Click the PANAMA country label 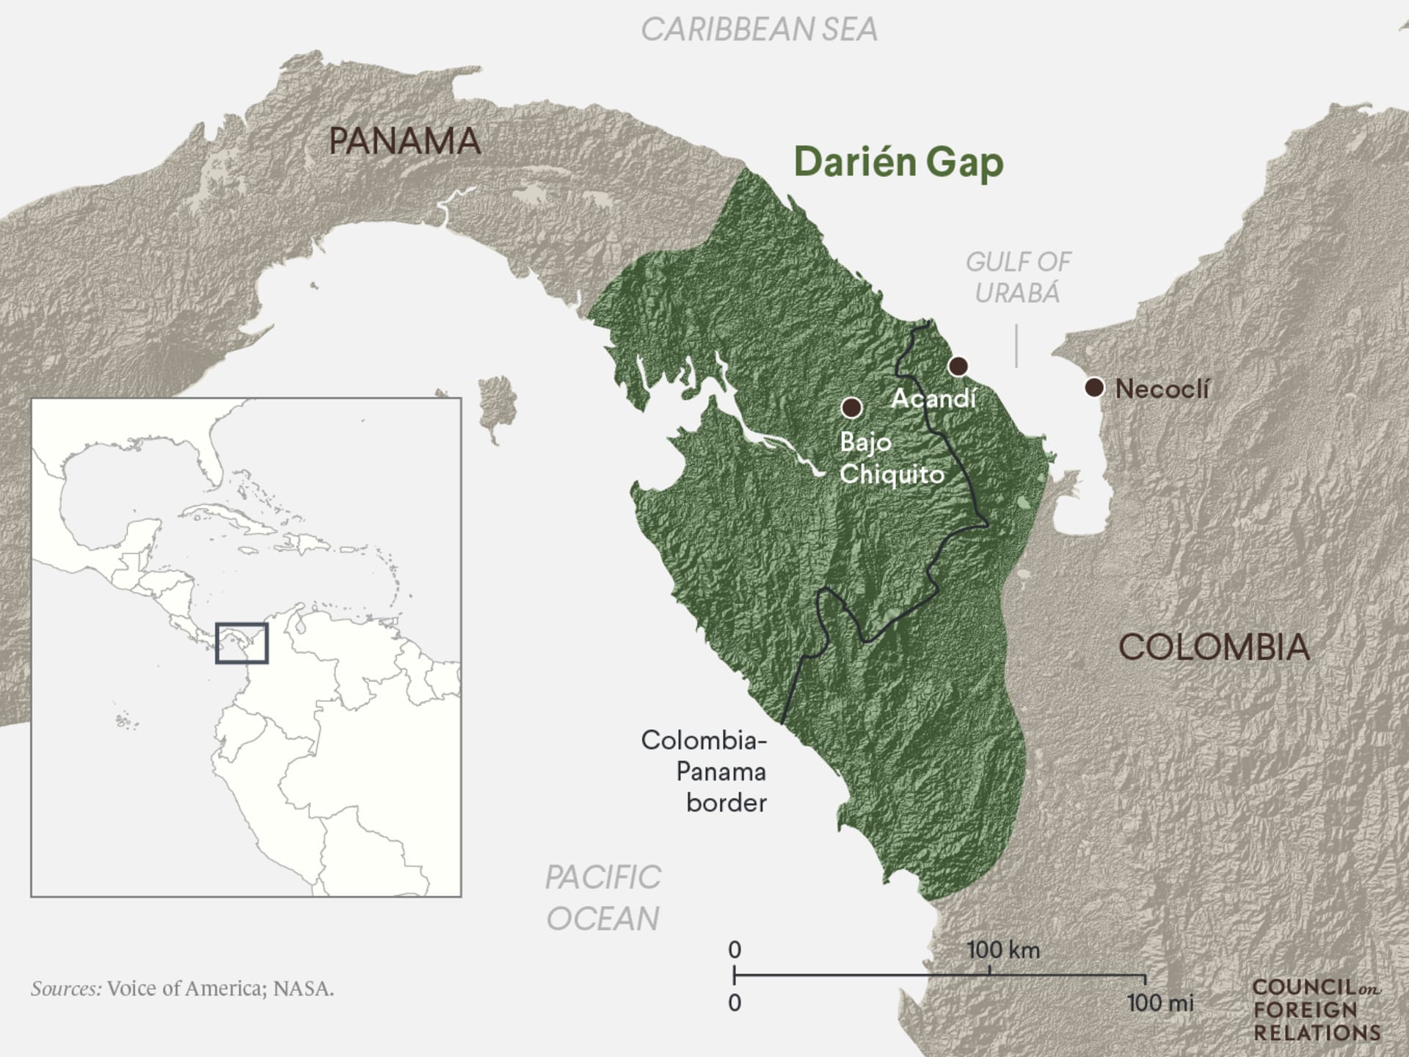tap(404, 141)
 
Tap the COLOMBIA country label tap(1214, 647)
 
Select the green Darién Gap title tap(898, 162)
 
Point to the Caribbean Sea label tap(759, 30)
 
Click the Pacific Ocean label tap(602, 898)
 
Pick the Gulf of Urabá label tap(1018, 277)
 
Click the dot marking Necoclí tap(1094, 388)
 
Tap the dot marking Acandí tap(958, 366)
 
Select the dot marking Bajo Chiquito tap(851, 407)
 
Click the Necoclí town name tap(1162, 389)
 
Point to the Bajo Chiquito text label tap(891, 458)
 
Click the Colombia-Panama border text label tap(704, 771)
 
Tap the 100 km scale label tap(1003, 950)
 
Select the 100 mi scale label tap(1160, 1003)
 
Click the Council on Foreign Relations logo tap(1317, 1010)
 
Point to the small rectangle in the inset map tap(241, 643)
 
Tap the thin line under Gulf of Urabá tap(1016, 346)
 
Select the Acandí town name tap(933, 399)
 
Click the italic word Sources tap(66, 989)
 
